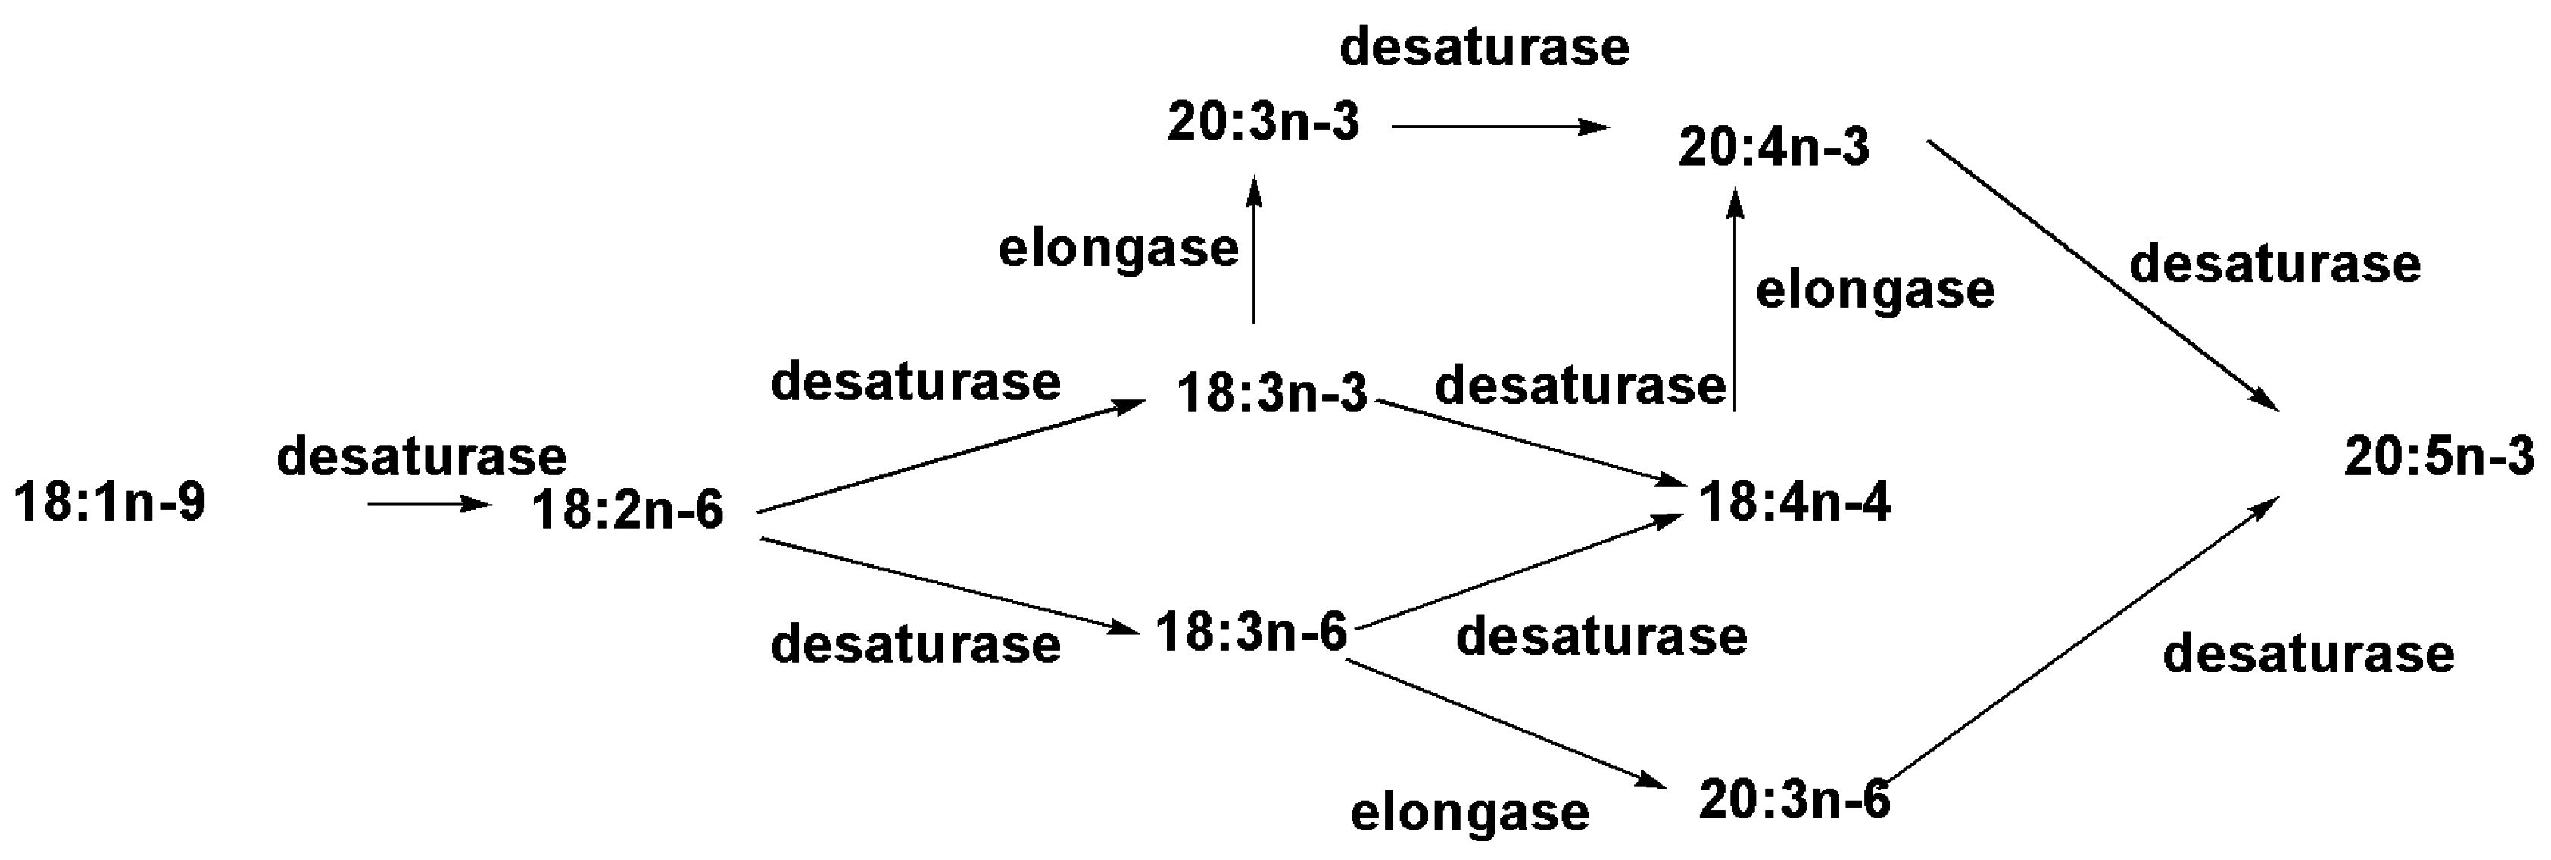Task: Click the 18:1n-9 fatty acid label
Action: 110,502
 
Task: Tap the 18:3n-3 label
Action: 1271,393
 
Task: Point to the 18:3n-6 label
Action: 1252,632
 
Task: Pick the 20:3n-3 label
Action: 1264,123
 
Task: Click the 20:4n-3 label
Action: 1773,148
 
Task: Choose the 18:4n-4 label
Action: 1795,502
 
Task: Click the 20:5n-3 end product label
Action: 2439,458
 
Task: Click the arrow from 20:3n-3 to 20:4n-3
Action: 1499,127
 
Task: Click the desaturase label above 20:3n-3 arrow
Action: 1484,48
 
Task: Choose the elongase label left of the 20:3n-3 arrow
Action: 1118,249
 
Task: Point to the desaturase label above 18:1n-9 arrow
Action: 422,457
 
